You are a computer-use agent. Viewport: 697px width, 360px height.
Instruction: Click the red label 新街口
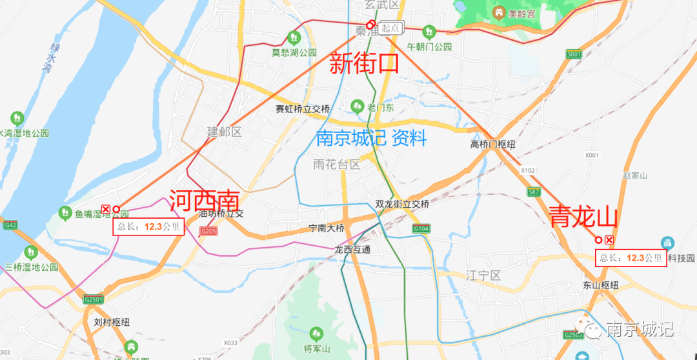[365, 63]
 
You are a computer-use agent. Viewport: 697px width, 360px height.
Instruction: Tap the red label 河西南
[204, 201]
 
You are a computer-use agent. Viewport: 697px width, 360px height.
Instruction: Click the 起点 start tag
[391, 28]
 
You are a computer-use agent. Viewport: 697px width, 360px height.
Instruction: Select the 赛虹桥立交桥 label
[303, 109]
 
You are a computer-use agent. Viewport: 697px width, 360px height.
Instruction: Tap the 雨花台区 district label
[336, 164]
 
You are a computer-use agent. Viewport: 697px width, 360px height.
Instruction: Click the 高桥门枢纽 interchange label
[493, 145]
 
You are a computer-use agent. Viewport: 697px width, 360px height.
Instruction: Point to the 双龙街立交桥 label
[402, 204]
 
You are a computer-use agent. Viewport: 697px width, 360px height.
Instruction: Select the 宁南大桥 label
[327, 228]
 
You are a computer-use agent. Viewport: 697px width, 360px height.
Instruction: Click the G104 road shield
[421, 228]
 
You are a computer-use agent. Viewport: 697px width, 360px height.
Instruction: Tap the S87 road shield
[533, 192]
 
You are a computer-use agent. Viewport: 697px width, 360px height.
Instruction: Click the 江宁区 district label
[483, 275]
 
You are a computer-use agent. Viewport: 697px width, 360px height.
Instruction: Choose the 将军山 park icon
[316, 334]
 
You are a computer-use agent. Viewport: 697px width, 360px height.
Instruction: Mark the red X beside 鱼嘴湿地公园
[106, 209]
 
